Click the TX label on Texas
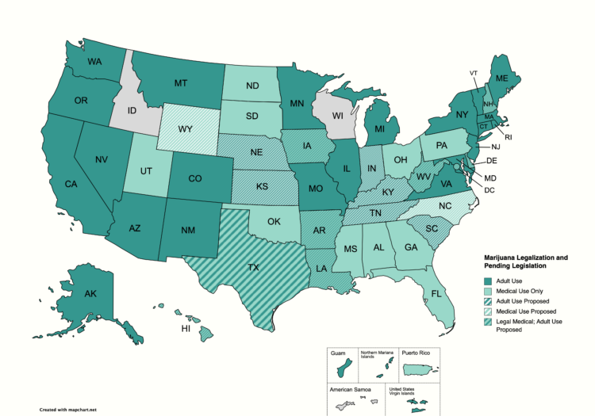253,268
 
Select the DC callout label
489,190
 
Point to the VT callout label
474,73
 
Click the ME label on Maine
502,79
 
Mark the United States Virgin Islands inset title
401,391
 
